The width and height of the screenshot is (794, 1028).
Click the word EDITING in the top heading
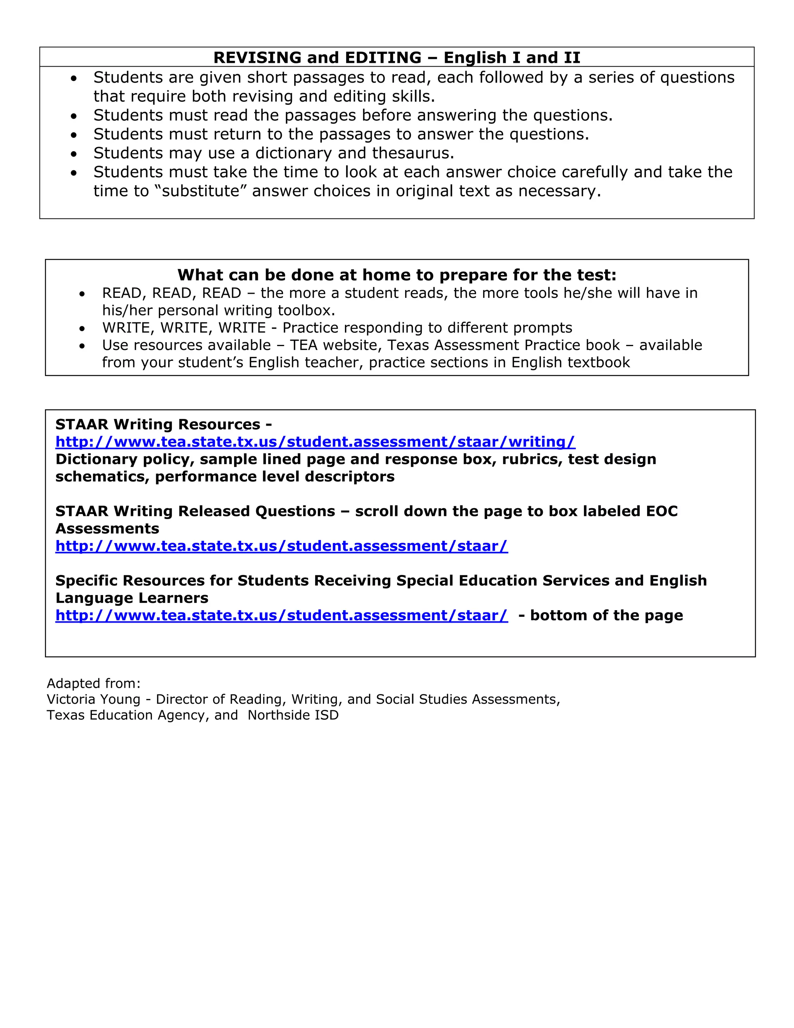tap(383, 57)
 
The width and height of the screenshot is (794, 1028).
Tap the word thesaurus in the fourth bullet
tap(413, 154)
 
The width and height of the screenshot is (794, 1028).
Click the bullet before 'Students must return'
tap(74, 135)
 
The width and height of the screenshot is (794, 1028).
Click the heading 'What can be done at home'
tap(397, 275)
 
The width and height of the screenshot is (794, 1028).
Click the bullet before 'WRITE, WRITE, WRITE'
tap(82, 329)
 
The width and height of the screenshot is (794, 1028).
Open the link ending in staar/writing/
tap(315, 442)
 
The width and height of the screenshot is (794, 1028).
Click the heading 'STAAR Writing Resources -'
tap(163, 424)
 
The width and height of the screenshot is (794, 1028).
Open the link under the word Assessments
tap(281, 546)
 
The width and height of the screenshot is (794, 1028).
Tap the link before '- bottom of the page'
tap(281, 616)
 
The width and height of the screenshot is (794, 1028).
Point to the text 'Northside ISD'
tap(293, 715)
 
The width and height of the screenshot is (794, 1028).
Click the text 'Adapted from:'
tap(93, 684)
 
